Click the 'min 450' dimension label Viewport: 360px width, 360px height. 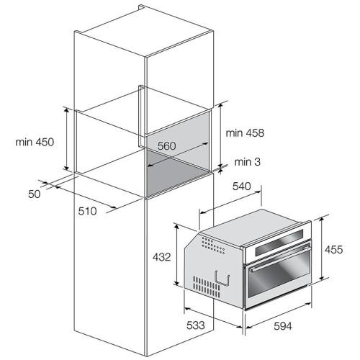[35, 142]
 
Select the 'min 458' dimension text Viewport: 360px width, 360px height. [245, 132]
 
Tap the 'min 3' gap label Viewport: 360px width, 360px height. [247, 162]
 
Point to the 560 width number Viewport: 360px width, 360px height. [167, 146]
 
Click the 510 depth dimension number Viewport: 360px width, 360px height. [87, 211]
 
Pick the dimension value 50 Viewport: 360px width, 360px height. [35, 194]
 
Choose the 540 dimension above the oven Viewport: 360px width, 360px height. [241, 186]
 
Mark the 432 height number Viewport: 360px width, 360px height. [161, 257]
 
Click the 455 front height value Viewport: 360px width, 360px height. [333, 250]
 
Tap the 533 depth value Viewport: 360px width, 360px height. [196, 325]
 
